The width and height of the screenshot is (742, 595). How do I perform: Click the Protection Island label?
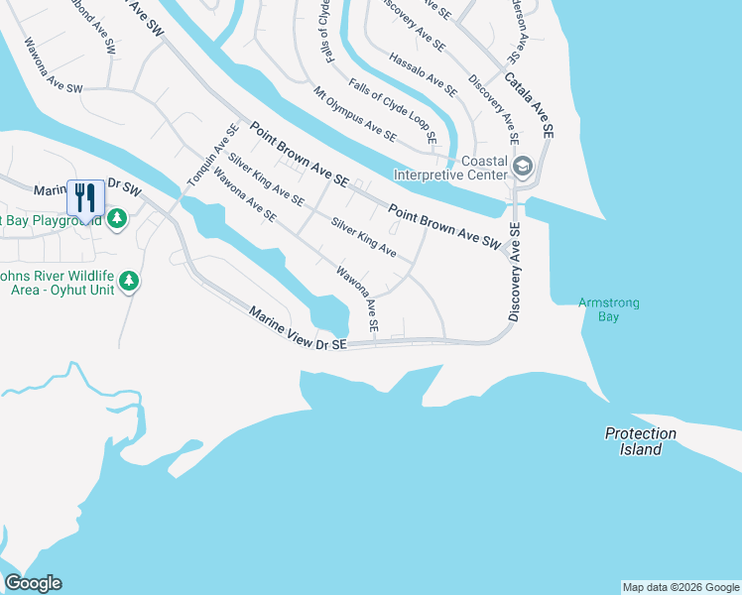pyautogui.click(x=641, y=441)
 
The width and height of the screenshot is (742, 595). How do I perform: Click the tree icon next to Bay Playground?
pyautogui.click(x=117, y=218)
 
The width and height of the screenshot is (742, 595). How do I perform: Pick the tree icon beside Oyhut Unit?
pyautogui.click(x=128, y=283)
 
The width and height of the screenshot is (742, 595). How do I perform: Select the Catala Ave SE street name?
pyautogui.click(x=529, y=104)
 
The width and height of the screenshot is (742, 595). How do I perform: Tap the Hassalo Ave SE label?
pyautogui.click(x=424, y=74)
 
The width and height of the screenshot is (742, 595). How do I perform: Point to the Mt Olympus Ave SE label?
pyautogui.click(x=355, y=114)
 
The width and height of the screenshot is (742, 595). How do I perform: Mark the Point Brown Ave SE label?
pyautogui.click(x=299, y=155)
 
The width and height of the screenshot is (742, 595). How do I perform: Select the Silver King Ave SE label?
pyautogui.click(x=265, y=179)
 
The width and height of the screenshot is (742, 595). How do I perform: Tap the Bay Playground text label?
pyautogui.click(x=50, y=219)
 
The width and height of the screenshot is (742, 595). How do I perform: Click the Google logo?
pyautogui.click(x=33, y=583)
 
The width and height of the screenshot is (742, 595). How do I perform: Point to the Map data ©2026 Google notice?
pyautogui.click(x=680, y=587)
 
